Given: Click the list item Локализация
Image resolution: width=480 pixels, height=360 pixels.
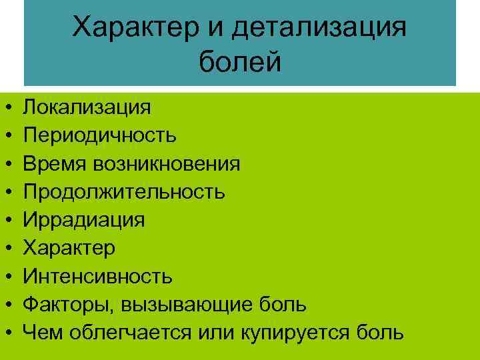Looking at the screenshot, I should (87, 107).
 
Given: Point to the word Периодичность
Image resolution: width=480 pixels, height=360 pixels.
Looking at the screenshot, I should (100, 135).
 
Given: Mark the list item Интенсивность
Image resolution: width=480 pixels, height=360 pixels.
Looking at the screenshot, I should (98, 275).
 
